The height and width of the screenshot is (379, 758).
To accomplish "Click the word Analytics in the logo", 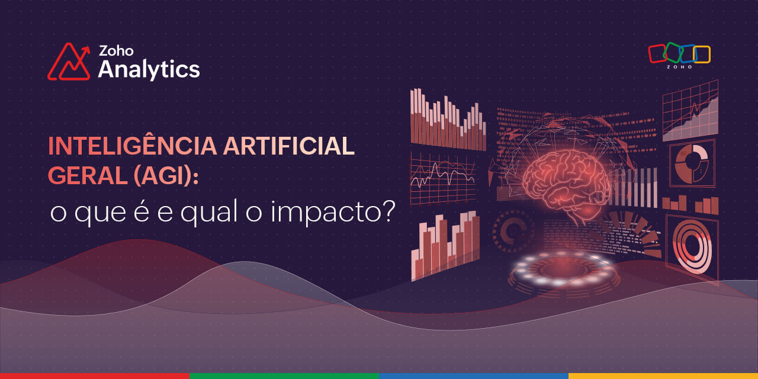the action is [x=149, y=70].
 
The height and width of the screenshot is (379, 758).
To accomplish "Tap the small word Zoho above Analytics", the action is [x=116, y=51].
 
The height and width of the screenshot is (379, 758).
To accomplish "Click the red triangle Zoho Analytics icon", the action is [x=69, y=62].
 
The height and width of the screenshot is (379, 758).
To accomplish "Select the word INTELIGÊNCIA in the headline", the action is [x=132, y=146].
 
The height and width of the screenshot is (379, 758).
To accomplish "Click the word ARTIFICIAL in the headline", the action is [x=288, y=146].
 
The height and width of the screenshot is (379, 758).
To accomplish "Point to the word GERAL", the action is [x=88, y=176].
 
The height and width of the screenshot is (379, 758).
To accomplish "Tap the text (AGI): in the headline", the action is [x=166, y=176].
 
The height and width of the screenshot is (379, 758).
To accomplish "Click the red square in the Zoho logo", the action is [x=657, y=53].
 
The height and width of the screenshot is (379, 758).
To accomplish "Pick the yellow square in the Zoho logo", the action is [x=702, y=54].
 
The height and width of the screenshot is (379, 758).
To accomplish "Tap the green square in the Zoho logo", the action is [x=672, y=53].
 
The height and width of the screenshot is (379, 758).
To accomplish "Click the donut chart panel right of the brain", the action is [x=692, y=163].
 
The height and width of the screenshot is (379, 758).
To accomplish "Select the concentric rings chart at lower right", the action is [x=692, y=246].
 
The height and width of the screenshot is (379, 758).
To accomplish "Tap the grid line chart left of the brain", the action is [x=443, y=178].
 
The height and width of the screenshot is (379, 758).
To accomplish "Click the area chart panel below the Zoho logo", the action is [x=690, y=111].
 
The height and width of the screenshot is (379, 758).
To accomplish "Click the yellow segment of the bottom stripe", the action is [x=663, y=376].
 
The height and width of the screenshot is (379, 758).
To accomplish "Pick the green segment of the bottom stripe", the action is [x=284, y=376].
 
